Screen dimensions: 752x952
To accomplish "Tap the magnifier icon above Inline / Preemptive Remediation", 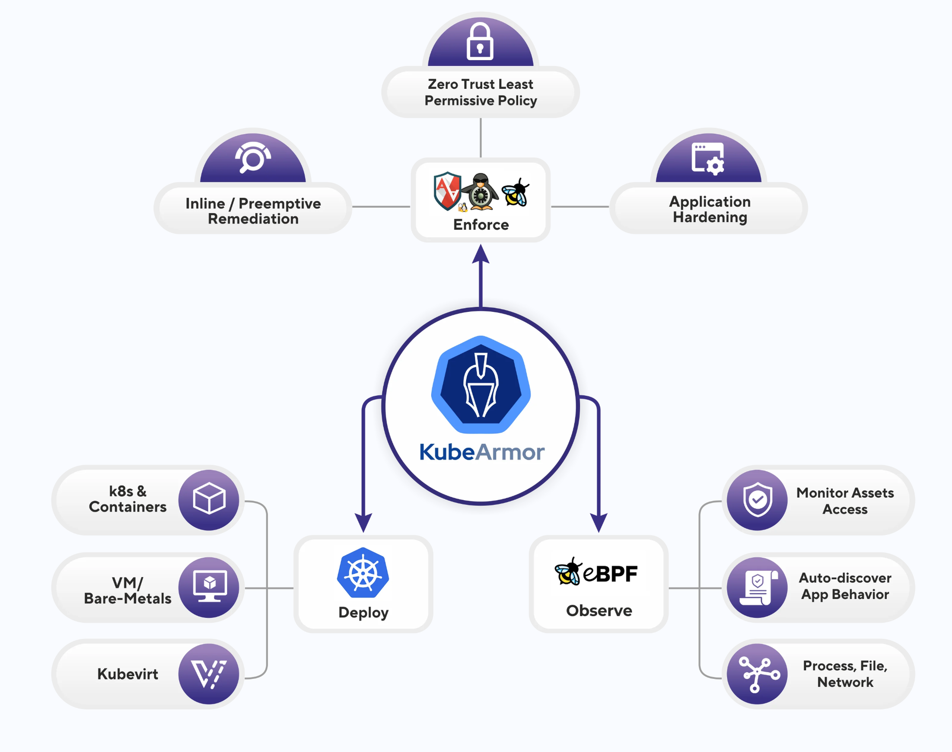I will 253,157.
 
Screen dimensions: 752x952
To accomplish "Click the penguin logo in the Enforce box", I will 481,192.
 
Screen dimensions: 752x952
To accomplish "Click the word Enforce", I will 481,225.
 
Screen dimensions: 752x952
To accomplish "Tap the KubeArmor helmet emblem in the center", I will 481,385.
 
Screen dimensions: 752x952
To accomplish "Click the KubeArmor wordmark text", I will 482,452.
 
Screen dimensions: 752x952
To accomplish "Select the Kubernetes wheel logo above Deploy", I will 363,573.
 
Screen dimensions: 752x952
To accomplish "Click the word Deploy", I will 363,612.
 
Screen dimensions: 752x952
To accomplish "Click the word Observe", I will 599,610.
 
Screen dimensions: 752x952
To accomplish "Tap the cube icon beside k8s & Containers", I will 209,499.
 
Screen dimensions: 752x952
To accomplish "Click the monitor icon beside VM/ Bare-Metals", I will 209,586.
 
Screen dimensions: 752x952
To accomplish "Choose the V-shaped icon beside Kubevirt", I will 209,674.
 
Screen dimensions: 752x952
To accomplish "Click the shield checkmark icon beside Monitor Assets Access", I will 757,499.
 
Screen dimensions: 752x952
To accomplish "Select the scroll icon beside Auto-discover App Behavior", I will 757,587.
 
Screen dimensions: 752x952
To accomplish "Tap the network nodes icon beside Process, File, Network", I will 758,674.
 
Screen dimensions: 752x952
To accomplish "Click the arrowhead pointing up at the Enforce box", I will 481,255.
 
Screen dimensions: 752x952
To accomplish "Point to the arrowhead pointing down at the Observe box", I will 598,522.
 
